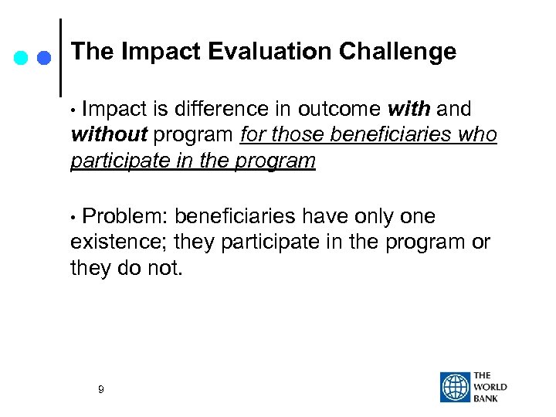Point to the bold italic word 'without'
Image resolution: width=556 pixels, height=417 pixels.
(x=108, y=136)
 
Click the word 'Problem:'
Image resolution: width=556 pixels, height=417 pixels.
(x=125, y=217)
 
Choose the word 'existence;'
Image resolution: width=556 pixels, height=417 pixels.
(x=118, y=243)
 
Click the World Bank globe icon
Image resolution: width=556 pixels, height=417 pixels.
(x=455, y=387)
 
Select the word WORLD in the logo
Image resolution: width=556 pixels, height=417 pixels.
(x=491, y=387)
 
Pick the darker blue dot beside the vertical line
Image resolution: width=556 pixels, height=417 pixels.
(x=44, y=58)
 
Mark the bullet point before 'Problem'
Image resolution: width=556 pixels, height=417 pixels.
(x=74, y=218)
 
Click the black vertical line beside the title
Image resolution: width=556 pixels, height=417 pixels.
(x=60, y=58)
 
